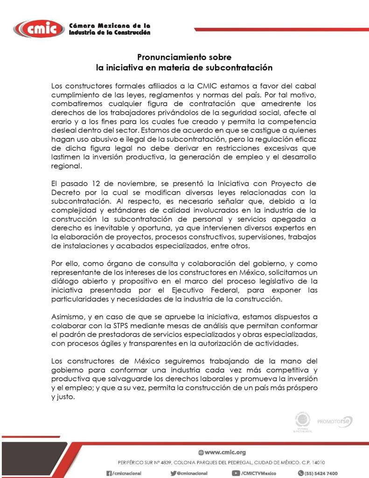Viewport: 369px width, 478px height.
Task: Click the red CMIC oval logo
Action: (x=39, y=29)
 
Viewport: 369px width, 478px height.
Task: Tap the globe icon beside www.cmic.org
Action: (x=201, y=452)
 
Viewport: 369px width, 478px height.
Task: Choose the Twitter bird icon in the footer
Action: (x=174, y=473)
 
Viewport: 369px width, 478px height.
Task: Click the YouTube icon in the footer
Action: (x=236, y=473)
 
